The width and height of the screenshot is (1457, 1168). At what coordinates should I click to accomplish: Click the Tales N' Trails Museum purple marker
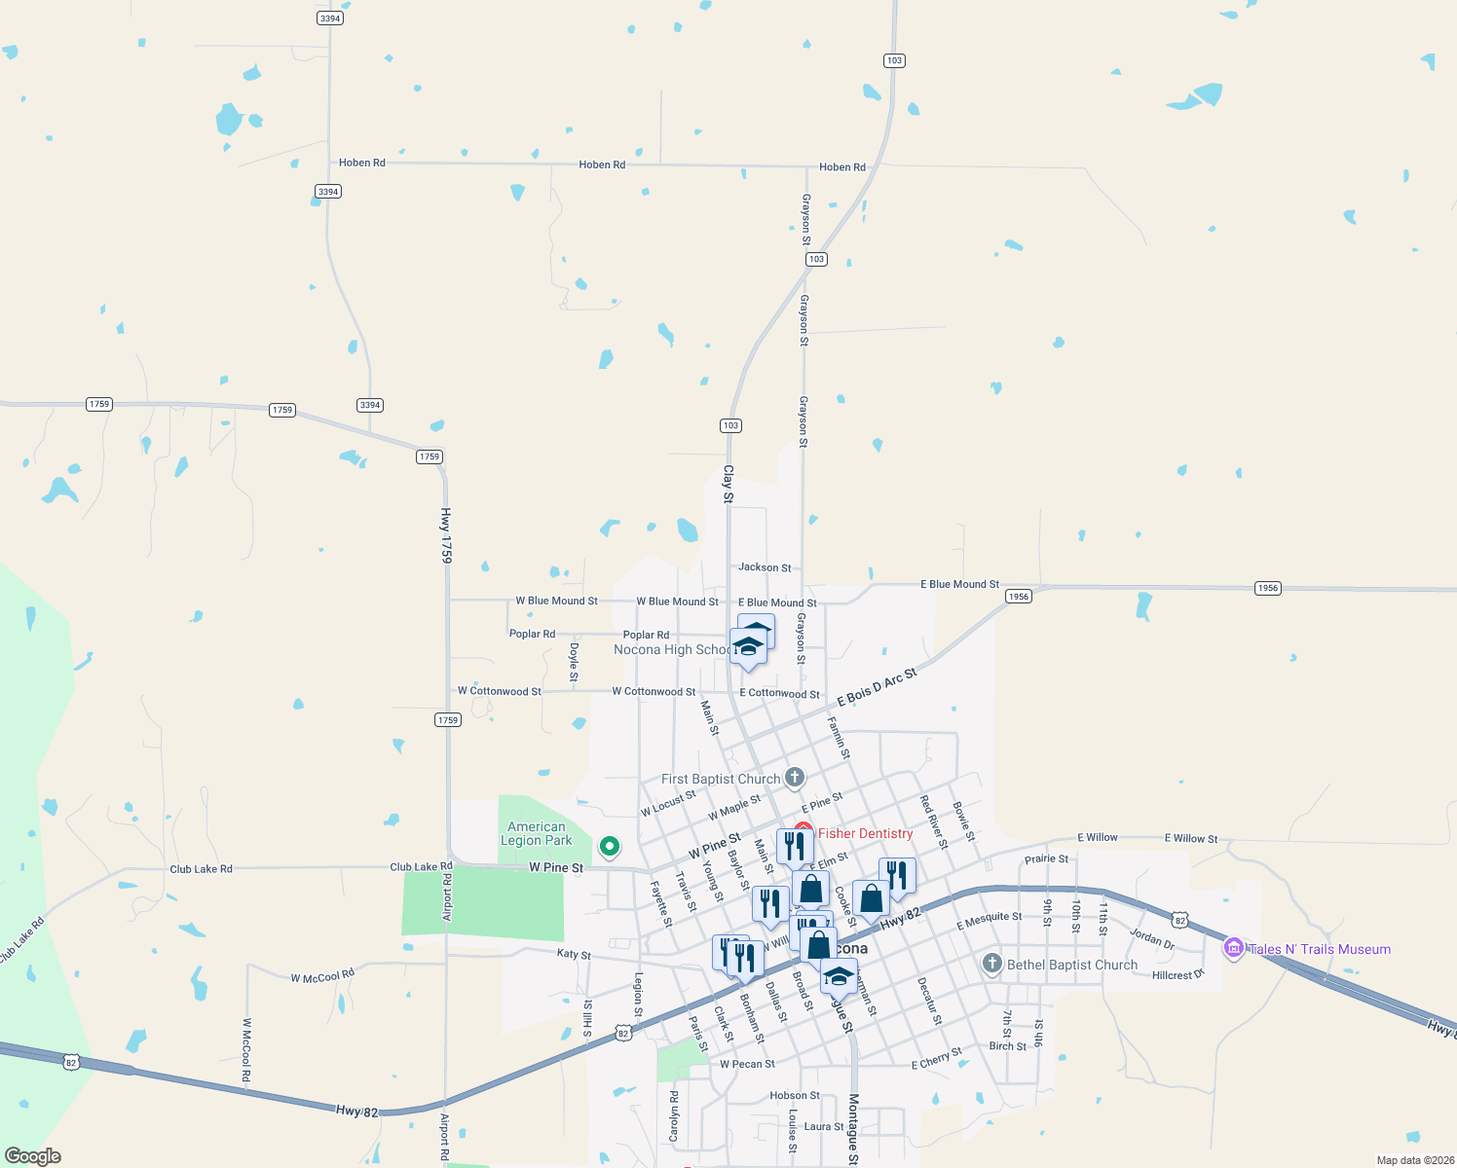[x=1233, y=948]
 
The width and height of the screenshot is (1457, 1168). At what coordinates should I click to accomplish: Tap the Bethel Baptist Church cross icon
[x=991, y=964]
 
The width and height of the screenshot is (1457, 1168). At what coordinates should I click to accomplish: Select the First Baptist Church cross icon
[x=795, y=777]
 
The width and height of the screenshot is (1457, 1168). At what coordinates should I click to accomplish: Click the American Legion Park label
[x=536, y=834]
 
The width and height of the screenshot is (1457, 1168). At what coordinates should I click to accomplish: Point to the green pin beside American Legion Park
[x=610, y=847]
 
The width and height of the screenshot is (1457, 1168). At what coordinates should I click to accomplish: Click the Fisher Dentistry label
[x=865, y=833]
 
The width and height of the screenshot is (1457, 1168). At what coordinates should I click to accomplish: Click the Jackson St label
[x=765, y=567]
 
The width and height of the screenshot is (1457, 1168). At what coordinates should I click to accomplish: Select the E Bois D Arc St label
[x=877, y=687]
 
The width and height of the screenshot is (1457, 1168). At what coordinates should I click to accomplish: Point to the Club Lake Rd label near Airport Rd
[x=421, y=866]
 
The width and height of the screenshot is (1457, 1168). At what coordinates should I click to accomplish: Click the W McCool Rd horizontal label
[x=322, y=976]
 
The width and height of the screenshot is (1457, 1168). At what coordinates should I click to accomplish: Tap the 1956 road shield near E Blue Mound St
[x=1019, y=597]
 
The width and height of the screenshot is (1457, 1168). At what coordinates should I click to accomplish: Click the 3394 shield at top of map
[x=330, y=18]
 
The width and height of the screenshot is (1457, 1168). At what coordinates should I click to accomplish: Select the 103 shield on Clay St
[x=730, y=425]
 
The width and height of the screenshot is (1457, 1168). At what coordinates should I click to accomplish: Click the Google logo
[x=32, y=1156]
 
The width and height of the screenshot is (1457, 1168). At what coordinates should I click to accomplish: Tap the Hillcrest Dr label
[x=1177, y=974]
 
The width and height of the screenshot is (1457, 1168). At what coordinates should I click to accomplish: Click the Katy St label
[x=574, y=955]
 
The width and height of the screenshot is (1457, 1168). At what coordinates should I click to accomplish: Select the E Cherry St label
[x=936, y=1058]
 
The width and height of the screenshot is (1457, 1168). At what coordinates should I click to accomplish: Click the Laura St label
[x=824, y=1126]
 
